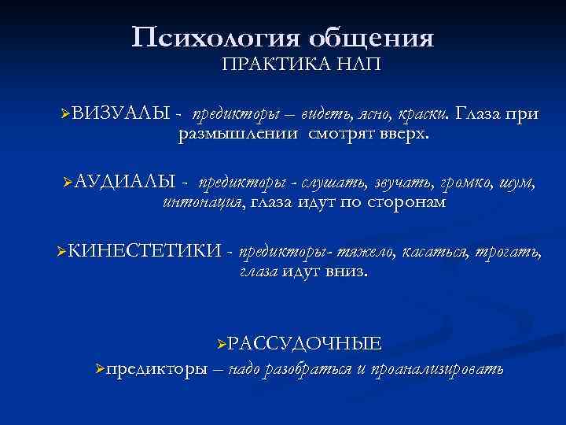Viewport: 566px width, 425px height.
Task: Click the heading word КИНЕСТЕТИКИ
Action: (x=143, y=252)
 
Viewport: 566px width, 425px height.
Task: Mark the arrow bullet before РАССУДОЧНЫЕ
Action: (x=222, y=343)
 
